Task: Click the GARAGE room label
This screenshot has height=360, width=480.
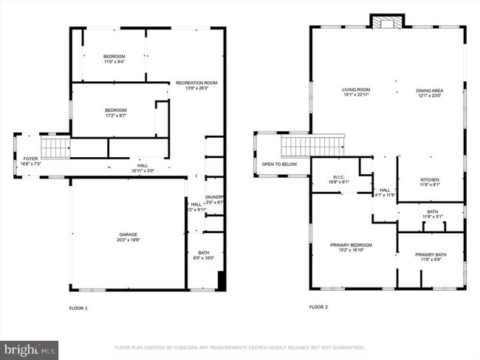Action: (127, 234)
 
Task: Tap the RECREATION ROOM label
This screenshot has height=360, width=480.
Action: (196, 83)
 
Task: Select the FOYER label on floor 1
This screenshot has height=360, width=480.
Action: (30, 159)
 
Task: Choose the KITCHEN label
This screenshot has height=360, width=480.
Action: (430, 180)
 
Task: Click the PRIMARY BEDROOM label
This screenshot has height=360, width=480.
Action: (351, 245)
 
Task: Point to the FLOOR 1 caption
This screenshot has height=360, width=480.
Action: (78, 307)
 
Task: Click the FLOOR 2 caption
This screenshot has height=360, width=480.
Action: (318, 306)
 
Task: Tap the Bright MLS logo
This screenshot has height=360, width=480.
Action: (30, 348)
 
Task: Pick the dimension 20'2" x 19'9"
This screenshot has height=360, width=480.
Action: (127, 239)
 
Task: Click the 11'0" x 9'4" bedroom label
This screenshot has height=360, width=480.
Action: (114, 59)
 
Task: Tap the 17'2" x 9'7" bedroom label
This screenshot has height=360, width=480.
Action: (115, 113)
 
